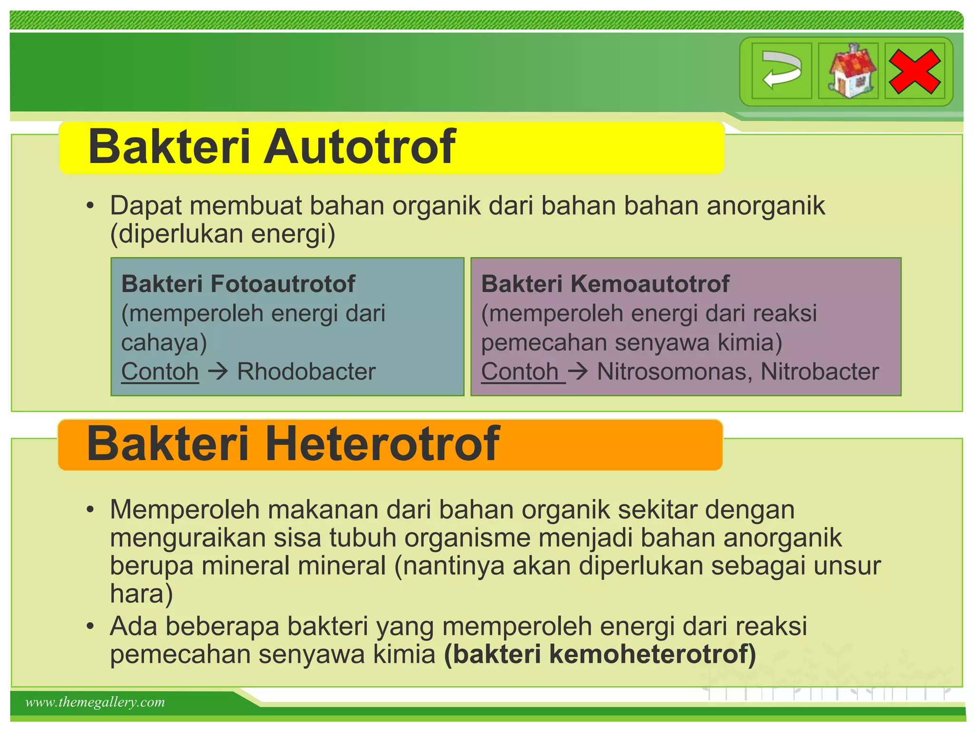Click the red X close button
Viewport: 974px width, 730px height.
(x=914, y=72)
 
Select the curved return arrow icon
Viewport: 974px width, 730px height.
(x=782, y=71)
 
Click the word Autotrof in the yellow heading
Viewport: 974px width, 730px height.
(x=360, y=147)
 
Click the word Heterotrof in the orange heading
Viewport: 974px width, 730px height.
(x=382, y=444)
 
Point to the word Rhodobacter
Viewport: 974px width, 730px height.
(x=306, y=372)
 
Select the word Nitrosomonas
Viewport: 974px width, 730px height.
(x=674, y=372)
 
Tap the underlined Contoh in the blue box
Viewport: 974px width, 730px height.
(x=160, y=372)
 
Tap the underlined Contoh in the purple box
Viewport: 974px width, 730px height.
(x=520, y=372)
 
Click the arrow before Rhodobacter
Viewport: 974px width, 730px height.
(x=218, y=371)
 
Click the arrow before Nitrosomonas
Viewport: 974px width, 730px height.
(x=578, y=371)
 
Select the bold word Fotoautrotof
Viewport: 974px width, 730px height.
(x=282, y=284)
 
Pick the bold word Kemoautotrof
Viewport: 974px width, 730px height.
(x=650, y=284)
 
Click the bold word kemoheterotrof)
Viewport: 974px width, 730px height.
(x=652, y=654)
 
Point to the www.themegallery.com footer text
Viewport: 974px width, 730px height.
(x=95, y=702)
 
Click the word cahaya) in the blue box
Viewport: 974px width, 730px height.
(x=164, y=343)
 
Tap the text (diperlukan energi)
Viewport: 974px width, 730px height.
(x=223, y=234)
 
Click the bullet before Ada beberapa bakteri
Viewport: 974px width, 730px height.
(x=90, y=626)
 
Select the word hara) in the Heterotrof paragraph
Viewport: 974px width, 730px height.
(x=141, y=594)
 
